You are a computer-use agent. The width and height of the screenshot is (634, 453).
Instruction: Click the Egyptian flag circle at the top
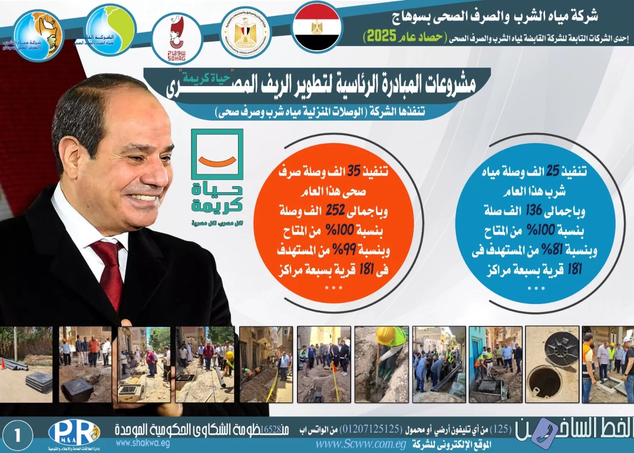coord(316,27)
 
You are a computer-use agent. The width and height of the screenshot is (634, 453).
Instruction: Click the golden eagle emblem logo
coord(245,33)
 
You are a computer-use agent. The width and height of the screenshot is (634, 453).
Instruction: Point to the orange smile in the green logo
coord(217,161)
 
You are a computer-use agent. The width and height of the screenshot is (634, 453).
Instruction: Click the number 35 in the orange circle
coord(354,172)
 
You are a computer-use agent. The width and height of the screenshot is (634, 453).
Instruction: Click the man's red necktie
coord(109,272)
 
